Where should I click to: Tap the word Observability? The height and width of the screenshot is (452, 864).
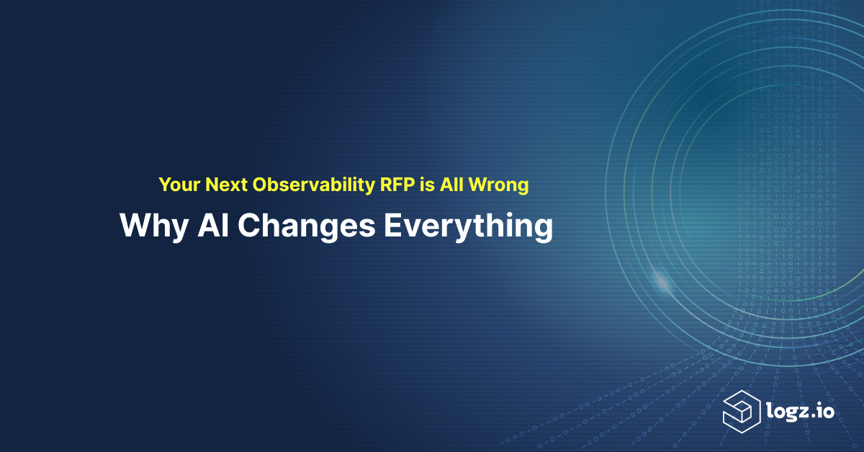point(314,185)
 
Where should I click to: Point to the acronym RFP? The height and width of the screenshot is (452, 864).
point(397,185)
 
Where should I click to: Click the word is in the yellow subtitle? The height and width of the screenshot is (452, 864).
point(428,185)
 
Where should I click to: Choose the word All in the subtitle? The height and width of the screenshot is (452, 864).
point(451,185)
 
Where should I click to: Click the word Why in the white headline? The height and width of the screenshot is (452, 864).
point(154,227)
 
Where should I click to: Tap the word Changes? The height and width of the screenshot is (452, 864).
point(306,227)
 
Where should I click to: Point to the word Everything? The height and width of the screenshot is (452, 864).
point(468,227)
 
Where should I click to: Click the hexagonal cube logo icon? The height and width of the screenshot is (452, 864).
point(742,412)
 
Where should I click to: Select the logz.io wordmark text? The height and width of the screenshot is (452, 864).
point(801,411)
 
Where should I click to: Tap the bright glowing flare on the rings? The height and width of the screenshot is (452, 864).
point(662,281)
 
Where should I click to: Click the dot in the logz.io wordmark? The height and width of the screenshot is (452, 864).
point(812,416)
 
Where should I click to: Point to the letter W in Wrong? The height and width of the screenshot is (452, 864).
point(477,185)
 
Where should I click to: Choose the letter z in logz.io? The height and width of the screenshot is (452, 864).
point(801,412)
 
